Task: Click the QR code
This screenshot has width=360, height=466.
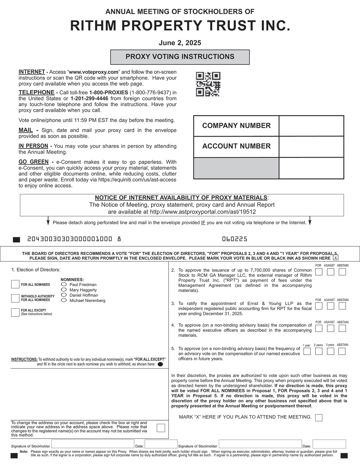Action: coord(208,84)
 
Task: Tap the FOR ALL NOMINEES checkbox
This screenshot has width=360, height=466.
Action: coord(15,284)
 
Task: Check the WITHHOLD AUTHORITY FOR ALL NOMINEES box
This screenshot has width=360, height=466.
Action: coord(15,298)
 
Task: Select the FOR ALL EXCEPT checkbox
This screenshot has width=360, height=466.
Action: coord(15,312)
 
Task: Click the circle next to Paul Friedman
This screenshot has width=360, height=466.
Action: coord(64,284)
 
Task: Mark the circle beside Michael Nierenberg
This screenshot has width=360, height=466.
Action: coord(64,300)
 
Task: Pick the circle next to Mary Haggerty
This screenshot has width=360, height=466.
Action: coord(64,290)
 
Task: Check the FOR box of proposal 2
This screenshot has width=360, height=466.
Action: coord(319,272)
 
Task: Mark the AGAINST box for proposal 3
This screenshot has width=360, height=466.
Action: coord(330,306)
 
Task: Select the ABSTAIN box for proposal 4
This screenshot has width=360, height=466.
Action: coord(342,328)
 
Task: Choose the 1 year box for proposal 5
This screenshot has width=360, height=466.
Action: coord(307,351)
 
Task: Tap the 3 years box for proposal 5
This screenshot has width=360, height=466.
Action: coord(330,351)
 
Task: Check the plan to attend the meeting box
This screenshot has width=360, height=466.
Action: coord(319,418)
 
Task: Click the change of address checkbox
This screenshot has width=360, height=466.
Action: coord(161,428)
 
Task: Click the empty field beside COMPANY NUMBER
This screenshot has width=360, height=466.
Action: coord(311,126)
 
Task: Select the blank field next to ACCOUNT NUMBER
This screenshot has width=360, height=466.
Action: coord(311,147)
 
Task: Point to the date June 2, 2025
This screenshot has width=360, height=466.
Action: coord(180,43)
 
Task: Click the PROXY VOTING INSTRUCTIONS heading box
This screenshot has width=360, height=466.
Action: coord(180,57)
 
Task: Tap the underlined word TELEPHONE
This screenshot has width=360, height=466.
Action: coord(36,93)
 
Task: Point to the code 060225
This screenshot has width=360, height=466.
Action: coord(235,239)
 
